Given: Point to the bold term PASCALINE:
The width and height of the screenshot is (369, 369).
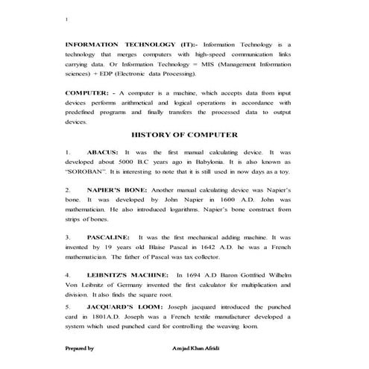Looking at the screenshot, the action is point(110,236).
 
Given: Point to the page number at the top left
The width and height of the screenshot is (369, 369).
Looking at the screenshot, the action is point(66,20).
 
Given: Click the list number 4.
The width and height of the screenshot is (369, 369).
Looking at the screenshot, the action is point(68,274).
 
